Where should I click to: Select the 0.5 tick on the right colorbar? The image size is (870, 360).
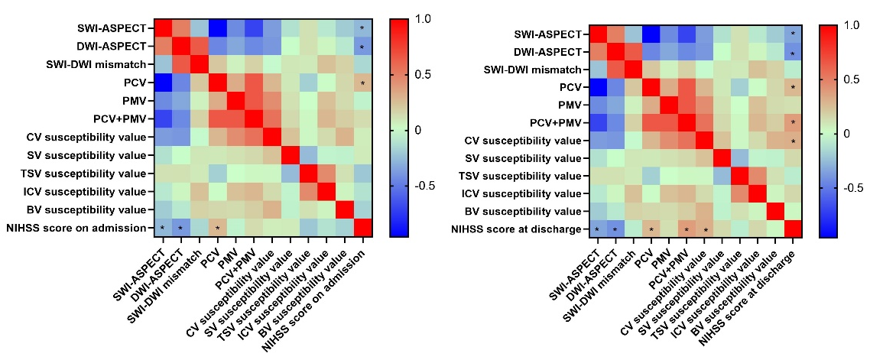pos(848,79)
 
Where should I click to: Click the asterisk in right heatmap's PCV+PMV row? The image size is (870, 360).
pos(794,122)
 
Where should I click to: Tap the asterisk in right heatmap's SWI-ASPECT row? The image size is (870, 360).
pos(794,34)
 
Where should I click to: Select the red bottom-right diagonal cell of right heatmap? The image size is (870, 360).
pos(794,229)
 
